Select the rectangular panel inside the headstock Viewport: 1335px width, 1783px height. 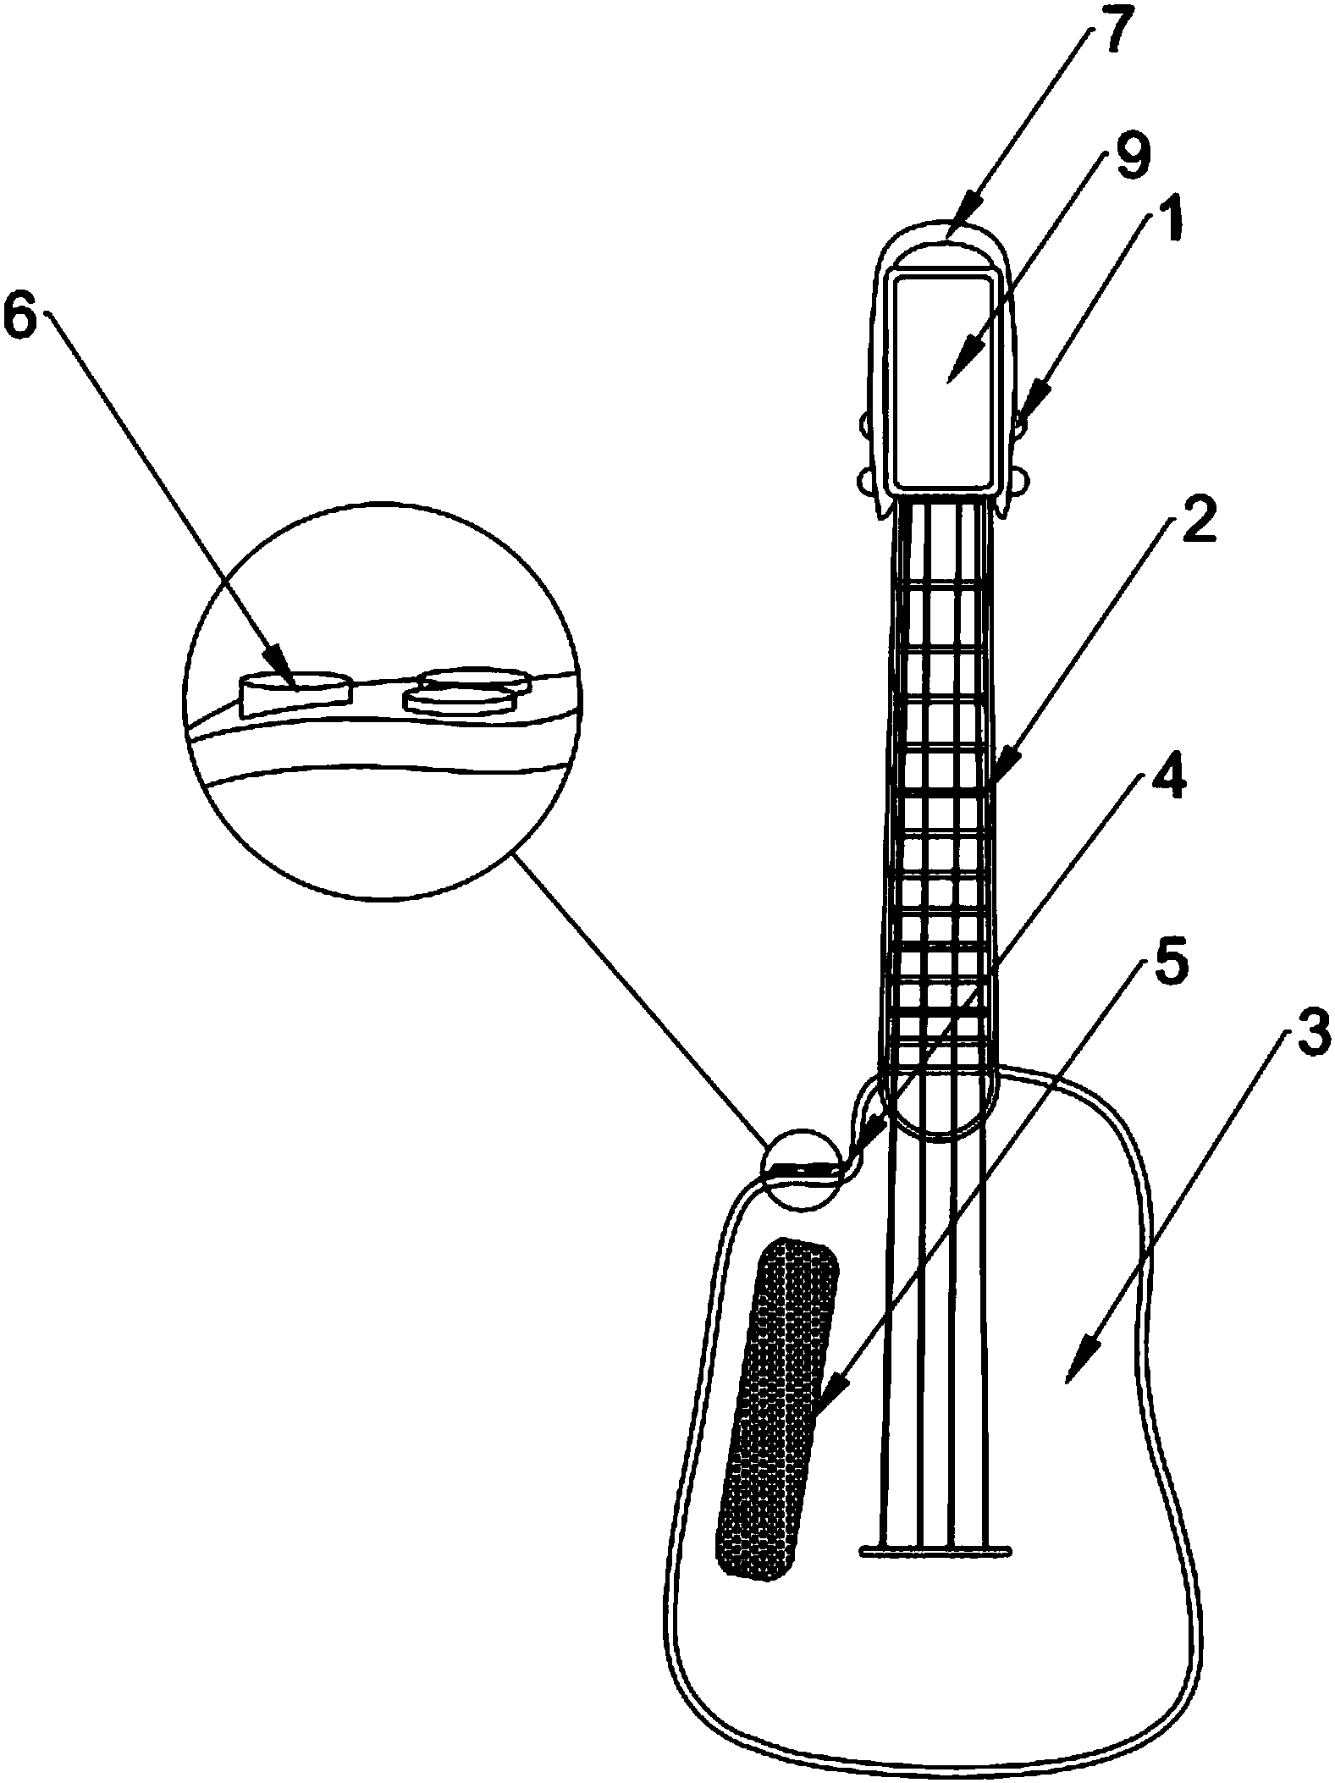click(x=944, y=383)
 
